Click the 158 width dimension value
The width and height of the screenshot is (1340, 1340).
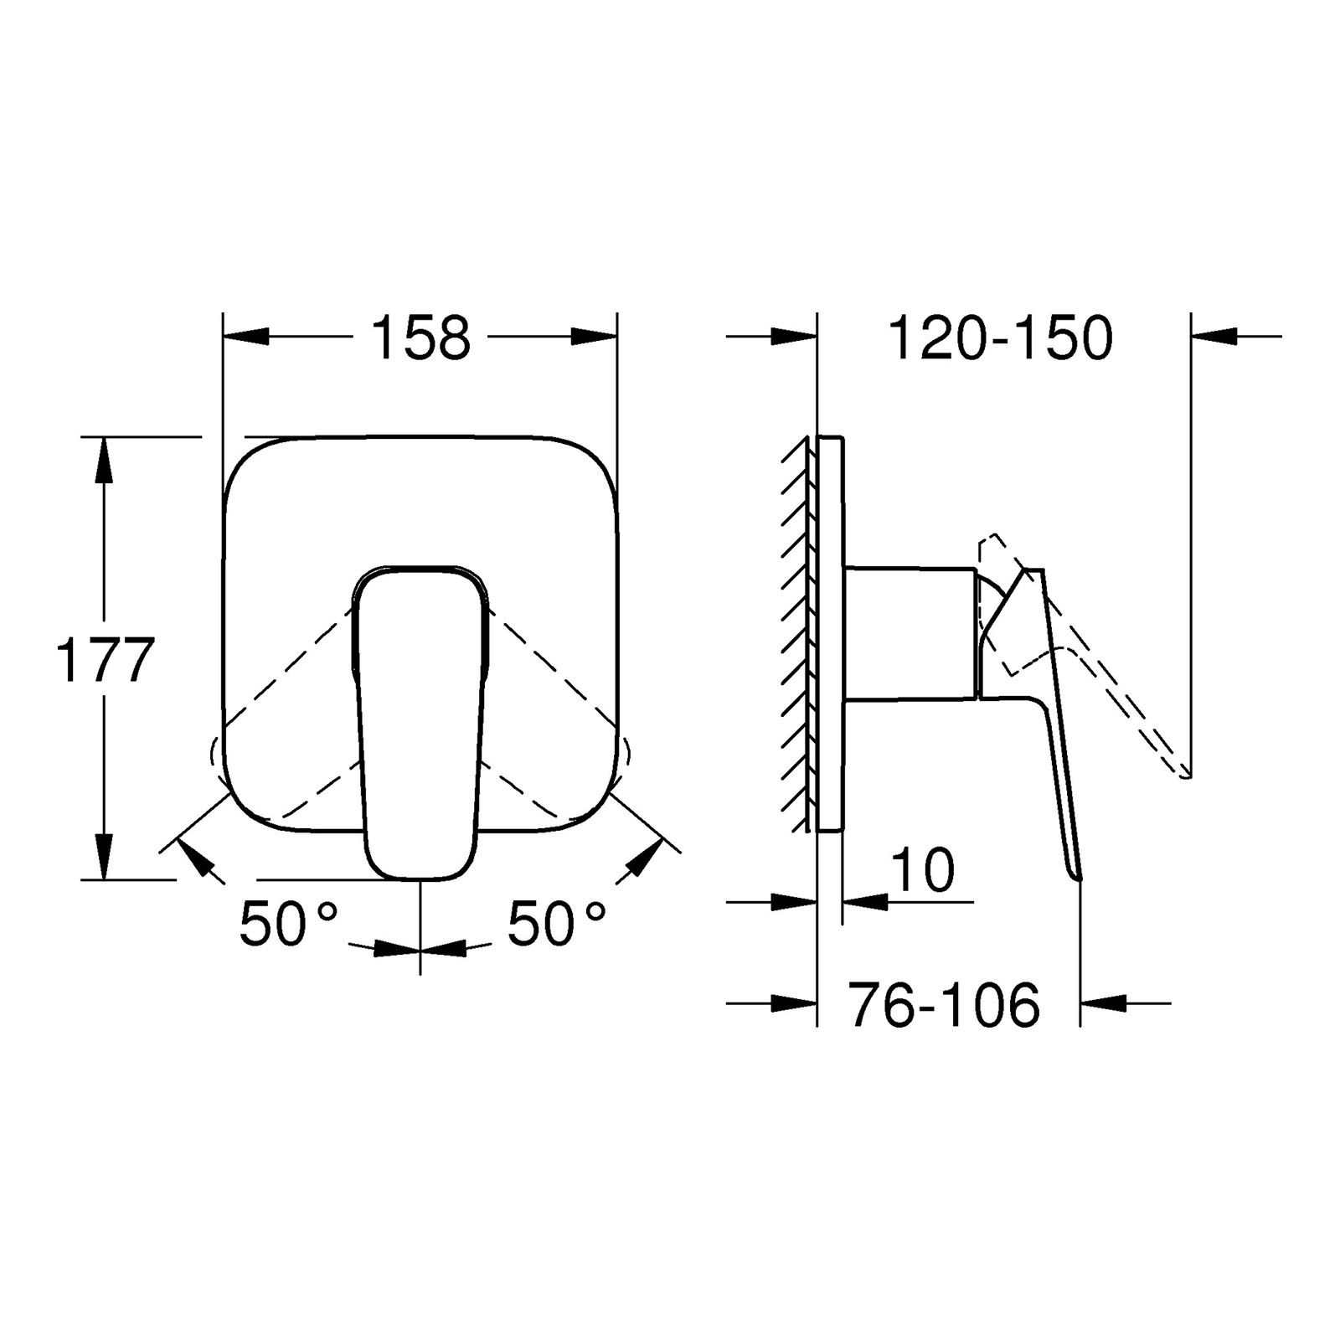tap(420, 338)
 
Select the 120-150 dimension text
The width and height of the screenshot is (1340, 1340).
tap(1000, 338)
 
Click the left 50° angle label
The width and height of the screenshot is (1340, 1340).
tap(288, 924)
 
